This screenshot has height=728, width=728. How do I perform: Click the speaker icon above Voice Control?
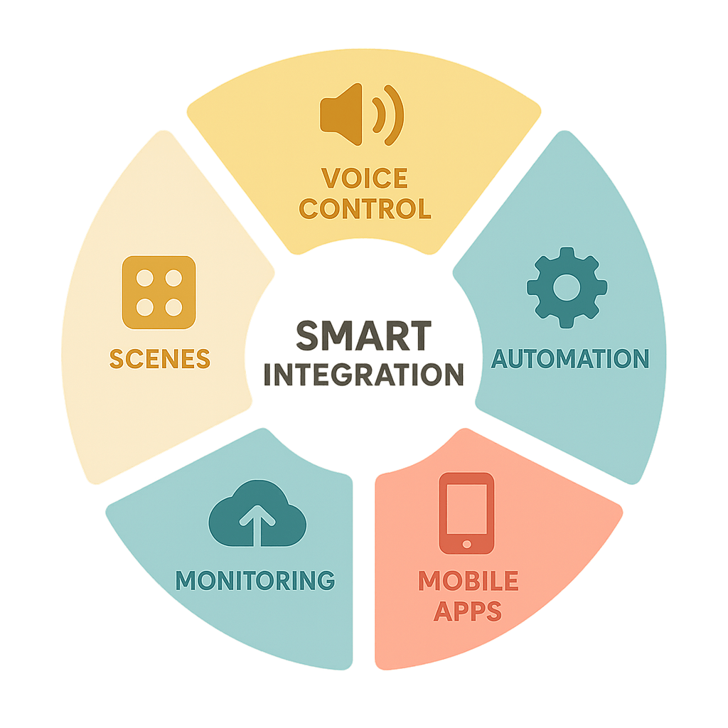(x=361, y=113)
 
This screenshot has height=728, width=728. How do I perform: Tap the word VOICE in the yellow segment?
(x=364, y=178)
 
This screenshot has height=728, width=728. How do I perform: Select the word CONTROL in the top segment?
(x=365, y=208)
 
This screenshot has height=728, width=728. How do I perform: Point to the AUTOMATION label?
(x=570, y=359)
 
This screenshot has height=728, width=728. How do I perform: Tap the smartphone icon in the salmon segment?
(x=466, y=513)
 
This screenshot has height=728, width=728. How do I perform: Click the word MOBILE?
(x=468, y=581)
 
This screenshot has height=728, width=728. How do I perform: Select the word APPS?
(x=468, y=611)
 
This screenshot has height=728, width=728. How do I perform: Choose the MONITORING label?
(x=255, y=580)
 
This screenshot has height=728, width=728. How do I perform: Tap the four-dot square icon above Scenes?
(x=159, y=292)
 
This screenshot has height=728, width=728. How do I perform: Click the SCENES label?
(x=160, y=359)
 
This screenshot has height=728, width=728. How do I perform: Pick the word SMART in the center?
(x=364, y=336)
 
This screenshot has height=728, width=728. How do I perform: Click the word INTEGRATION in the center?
(x=364, y=375)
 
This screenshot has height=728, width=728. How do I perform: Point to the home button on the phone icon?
(x=466, y=543)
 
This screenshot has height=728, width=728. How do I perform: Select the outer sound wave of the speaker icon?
(x=395, y=113)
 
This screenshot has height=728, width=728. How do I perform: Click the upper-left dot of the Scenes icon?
(x=146, y=278)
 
